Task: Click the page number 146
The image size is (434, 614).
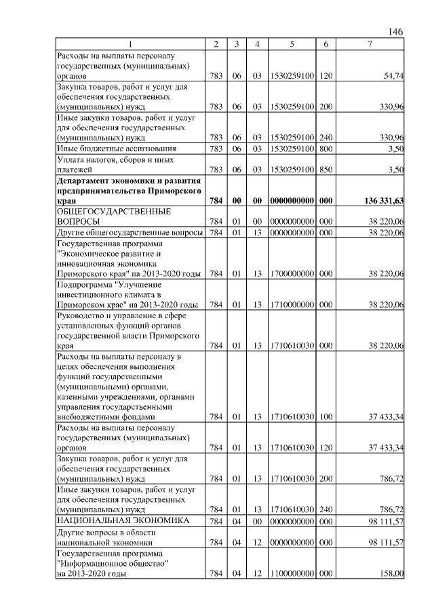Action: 396,32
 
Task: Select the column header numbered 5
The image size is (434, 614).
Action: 292,44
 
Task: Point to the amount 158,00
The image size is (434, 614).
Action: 392,573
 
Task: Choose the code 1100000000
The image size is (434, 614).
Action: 292,573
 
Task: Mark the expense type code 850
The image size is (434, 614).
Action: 325,170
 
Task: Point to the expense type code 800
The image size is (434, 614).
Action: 325,148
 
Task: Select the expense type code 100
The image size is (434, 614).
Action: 325,417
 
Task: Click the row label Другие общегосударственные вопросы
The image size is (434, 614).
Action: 130,233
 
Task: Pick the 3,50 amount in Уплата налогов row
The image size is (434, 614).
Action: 395,170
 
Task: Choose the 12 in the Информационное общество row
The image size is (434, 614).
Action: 257,573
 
